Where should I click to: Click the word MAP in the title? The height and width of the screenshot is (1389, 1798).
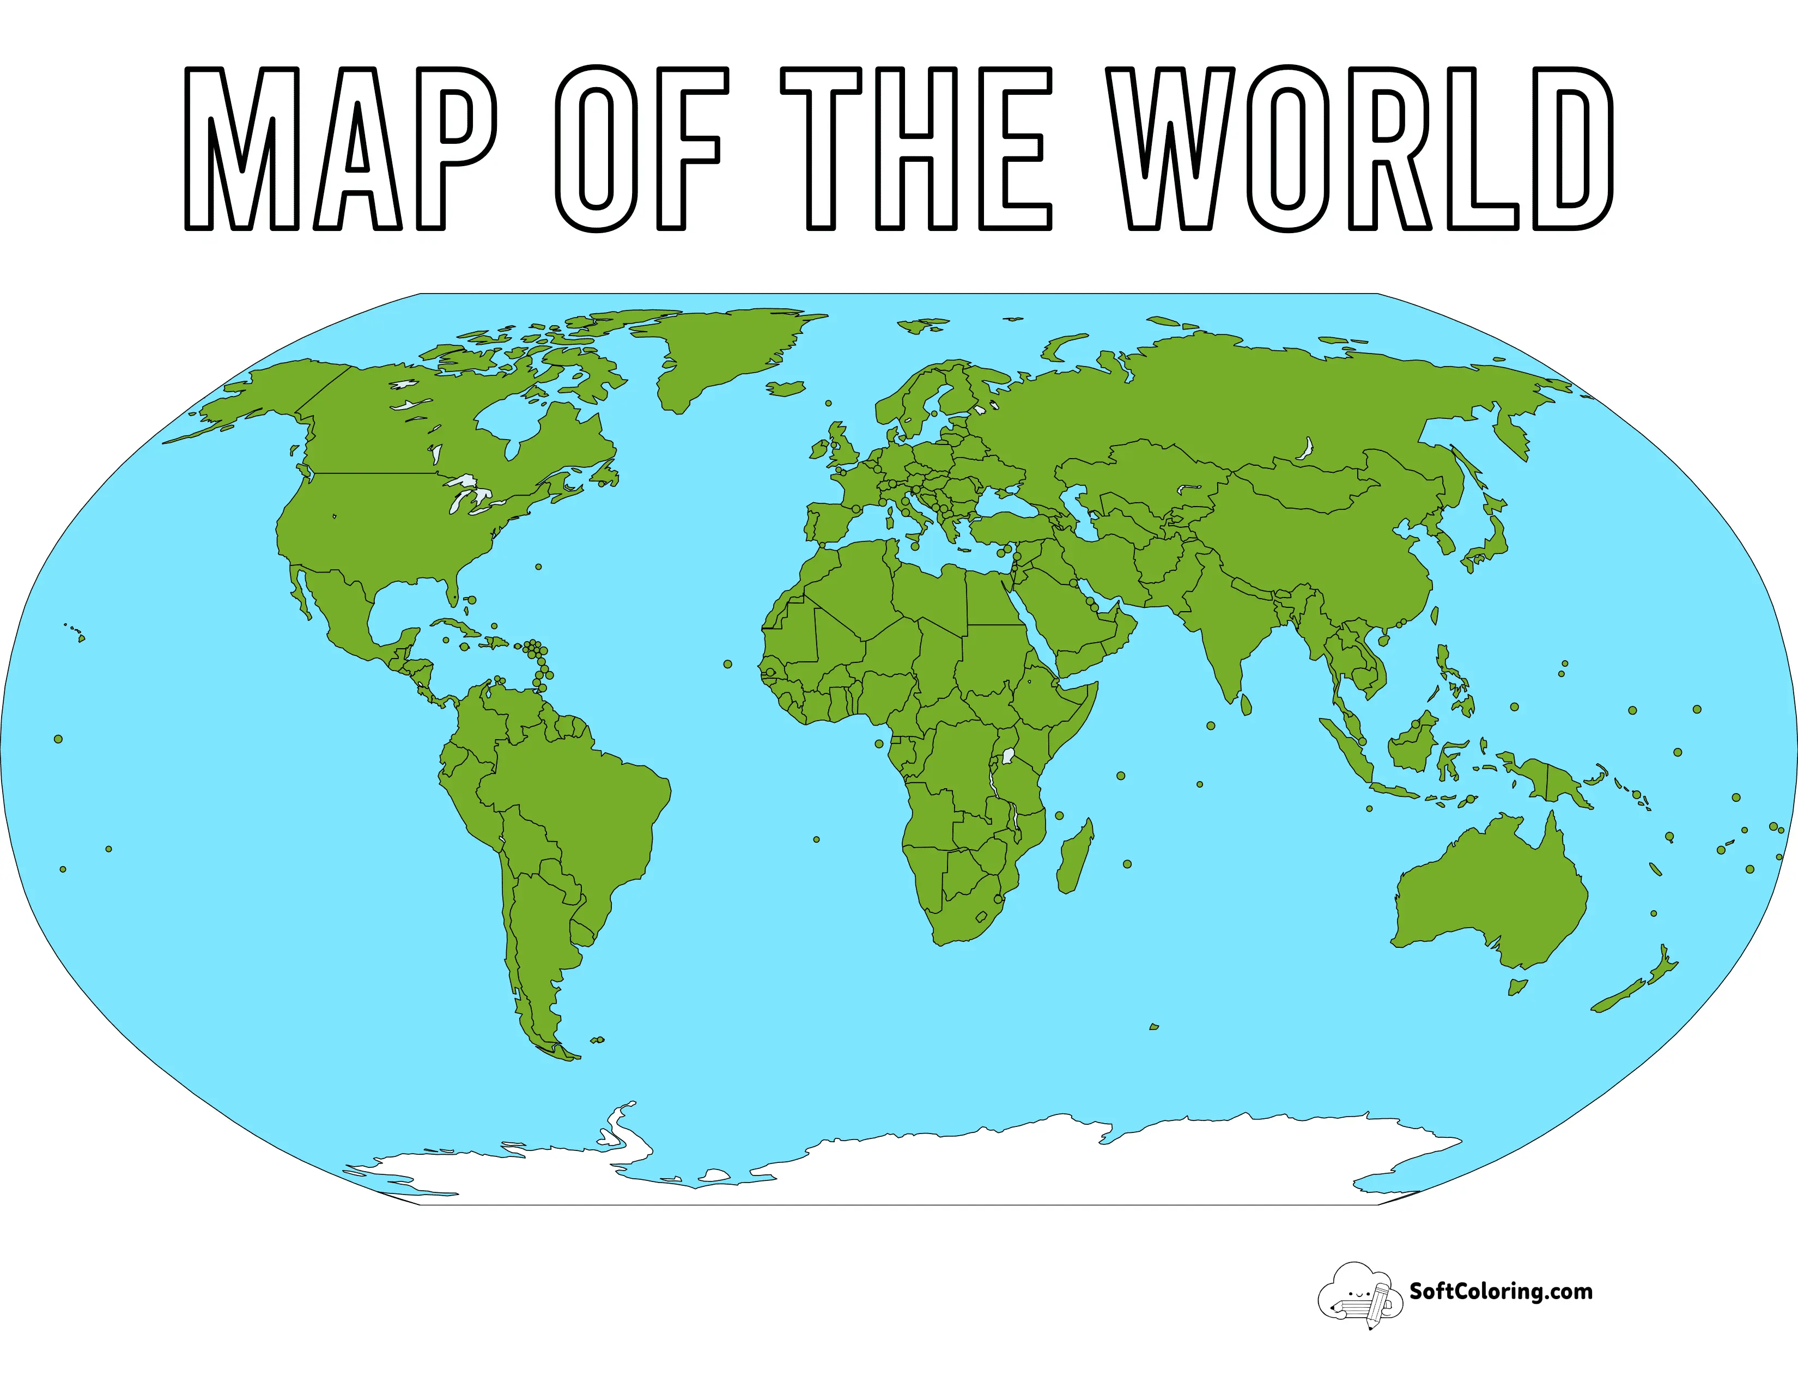339,148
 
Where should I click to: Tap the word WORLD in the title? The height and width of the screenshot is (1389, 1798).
1358,148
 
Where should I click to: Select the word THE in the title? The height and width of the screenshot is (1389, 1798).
915,148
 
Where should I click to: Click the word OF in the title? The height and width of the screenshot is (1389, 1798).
641,148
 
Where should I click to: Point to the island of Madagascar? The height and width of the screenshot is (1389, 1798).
1075,856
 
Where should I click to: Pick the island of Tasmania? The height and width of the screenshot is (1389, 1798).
1516,986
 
